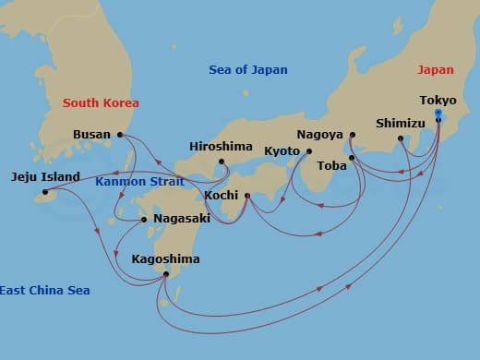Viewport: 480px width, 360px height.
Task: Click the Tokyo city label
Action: tap(438, 100)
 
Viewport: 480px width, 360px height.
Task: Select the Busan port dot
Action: tap(121, 135)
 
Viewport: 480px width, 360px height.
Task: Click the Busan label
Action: tap(92, 135)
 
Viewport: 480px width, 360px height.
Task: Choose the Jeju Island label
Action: tap(45, 177)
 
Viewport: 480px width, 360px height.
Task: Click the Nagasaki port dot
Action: tap(143, 219)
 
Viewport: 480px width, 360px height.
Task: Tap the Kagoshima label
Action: tap(166, 259)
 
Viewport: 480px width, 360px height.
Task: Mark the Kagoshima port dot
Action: tap(165, 274)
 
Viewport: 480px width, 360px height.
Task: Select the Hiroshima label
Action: tap(220, 146)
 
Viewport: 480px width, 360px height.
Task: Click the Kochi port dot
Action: tap(247, 195)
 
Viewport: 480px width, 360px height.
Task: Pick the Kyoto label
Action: tap(283, 150)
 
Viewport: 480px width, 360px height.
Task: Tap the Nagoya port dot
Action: tap(353, 135)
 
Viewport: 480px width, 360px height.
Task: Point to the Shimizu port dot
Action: tap(401, 139)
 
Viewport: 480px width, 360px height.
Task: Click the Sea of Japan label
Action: tap(248, 70)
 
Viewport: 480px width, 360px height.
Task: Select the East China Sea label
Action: tap(44, 291)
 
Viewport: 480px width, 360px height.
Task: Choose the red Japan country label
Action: tap(436, 69)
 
